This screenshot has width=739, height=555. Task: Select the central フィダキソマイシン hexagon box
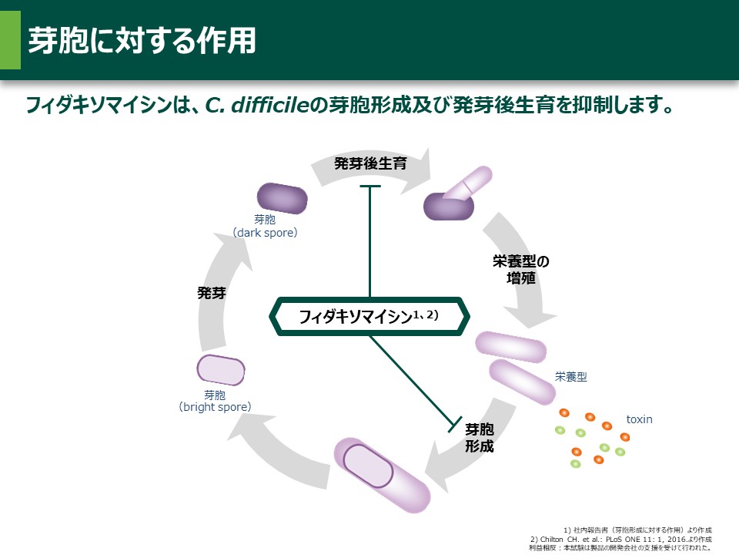tap(369, 316)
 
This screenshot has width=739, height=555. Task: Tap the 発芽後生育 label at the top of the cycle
tap(369, 163)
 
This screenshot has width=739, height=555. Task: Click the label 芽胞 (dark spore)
tap(265, 226)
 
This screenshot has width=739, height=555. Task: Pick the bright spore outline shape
tap(220, 370)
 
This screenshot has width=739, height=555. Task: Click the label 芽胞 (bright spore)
tap(215, 400)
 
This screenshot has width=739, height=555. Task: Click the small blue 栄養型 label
tap(571, 377)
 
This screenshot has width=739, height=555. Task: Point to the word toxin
tap(639, 419)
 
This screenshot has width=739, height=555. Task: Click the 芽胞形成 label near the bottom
tap(480, 438)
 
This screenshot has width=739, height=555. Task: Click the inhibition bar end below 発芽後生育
tap(370, 187)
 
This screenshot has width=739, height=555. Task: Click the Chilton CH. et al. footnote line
tap(620, 539)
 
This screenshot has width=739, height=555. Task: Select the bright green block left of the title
tap(10, 40)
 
